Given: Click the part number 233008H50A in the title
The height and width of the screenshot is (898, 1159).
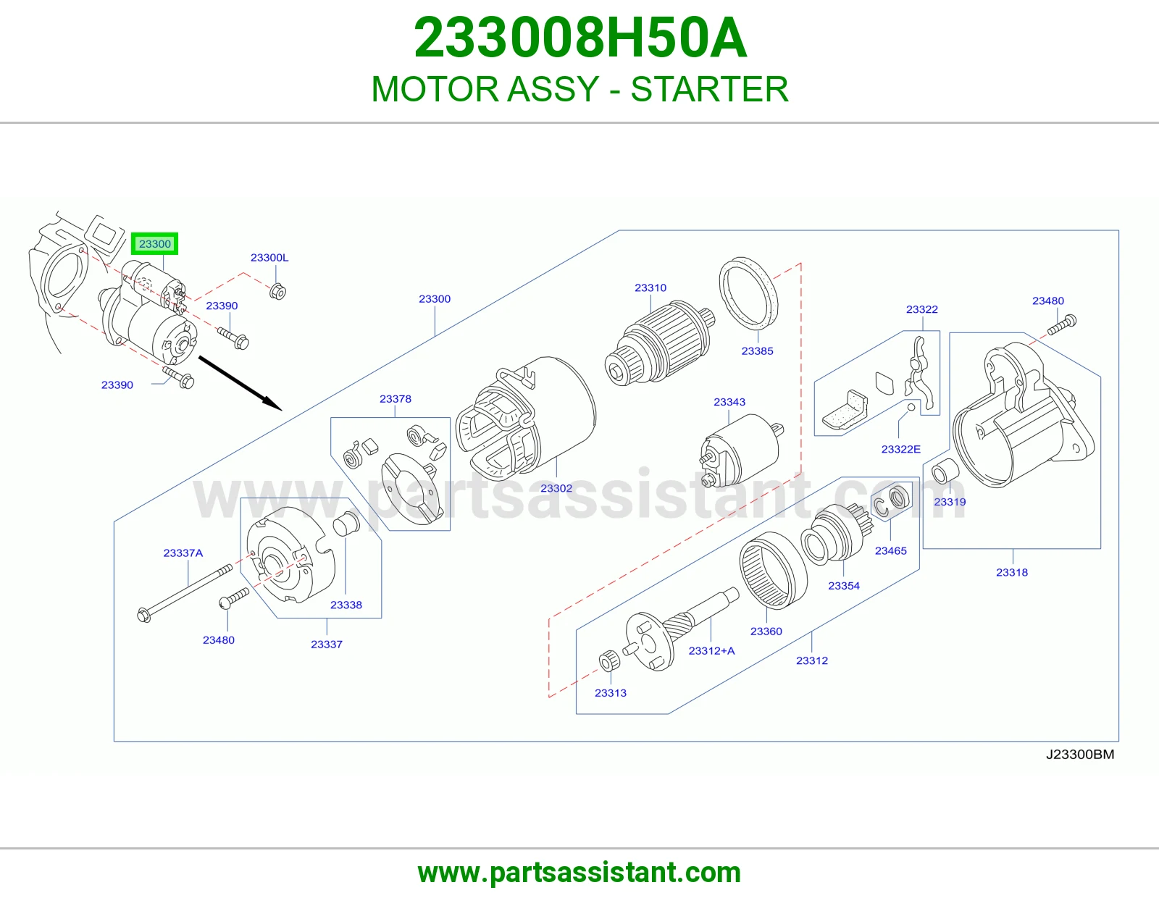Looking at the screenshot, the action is coord(580,38).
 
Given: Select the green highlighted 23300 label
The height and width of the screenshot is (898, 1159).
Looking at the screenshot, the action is coord(155,244).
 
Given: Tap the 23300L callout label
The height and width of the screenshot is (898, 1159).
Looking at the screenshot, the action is coord(269,258).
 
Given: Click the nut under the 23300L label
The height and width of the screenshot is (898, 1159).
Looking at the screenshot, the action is coord(278,291).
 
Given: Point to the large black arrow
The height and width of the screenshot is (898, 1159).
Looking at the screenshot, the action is coord(240,383).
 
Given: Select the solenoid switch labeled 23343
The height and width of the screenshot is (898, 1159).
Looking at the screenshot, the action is coord(741,450).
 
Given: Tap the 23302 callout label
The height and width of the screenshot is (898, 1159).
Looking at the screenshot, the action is coord(556,488).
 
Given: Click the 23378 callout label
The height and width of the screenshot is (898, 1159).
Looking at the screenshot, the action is coord(396,399).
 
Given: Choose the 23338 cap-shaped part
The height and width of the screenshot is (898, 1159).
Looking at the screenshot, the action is coord(346,524).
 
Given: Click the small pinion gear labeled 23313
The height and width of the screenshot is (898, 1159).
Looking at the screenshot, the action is coord(609,661).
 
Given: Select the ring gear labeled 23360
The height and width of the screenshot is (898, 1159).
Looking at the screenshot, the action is coord(773,570).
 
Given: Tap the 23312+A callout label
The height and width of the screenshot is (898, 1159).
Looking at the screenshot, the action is coord(711,650).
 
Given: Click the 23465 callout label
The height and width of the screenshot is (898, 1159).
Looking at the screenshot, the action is coord(891,551).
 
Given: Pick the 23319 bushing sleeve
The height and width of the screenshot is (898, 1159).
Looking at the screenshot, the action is coord(945,471).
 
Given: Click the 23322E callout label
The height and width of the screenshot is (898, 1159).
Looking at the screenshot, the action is coord(901,449).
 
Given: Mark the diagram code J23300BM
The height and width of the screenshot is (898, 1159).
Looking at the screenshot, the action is coord(1079,755).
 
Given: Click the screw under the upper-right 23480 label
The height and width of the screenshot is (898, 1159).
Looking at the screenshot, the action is coord(1062,324).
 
